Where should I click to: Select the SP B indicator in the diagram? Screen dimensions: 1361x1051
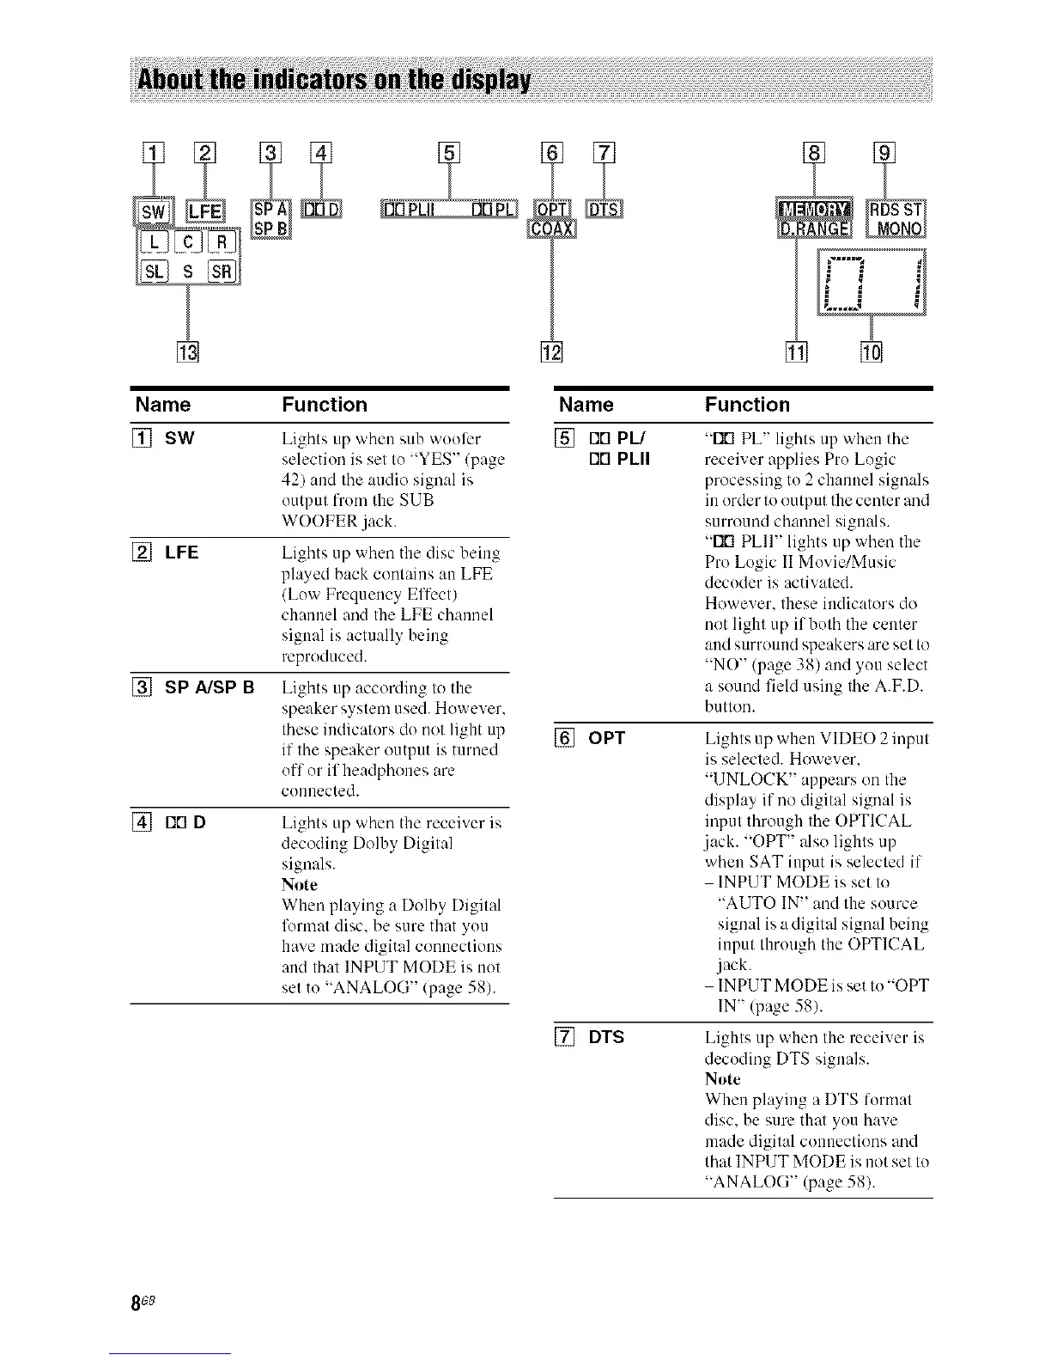tap(271, 228)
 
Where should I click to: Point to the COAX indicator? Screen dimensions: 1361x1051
tap(552, 229)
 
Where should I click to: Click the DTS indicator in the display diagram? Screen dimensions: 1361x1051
tap(604, 210)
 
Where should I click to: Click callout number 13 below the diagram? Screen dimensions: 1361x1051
tap(187, 352)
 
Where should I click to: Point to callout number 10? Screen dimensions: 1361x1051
tap(871, 352)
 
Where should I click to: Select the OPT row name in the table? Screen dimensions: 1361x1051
tap(606, 738)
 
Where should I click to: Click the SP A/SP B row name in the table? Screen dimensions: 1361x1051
tap(210, 687)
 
